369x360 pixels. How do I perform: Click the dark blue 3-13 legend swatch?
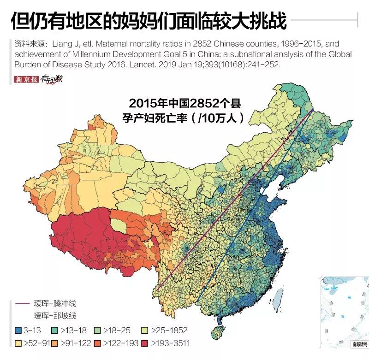click(18, 330)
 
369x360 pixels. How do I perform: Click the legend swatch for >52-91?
click(18, 343)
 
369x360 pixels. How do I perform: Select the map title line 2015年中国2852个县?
click(185, 102)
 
